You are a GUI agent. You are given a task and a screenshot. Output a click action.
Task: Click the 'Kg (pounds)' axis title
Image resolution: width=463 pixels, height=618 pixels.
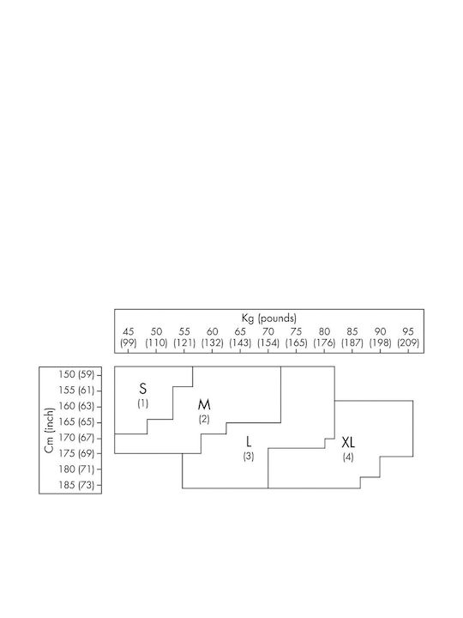pyautogui.click(x=269, y=318)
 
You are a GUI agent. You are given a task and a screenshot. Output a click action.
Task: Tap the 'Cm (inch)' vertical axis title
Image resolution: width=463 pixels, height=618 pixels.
pyautogui.click(x=49, y=430)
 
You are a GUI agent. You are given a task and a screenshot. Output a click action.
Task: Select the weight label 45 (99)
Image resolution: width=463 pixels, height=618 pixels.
pyautogui.click(x=129, y=337)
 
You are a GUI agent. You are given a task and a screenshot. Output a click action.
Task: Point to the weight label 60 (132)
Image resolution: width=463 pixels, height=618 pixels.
pyautogui.click(x=213, y=337)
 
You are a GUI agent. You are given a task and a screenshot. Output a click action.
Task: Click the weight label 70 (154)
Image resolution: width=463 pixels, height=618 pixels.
pyautogui.click(x=268, y=337)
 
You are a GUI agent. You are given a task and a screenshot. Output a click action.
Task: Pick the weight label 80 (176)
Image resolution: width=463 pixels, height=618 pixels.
pyautogui.click(x=324, y=337)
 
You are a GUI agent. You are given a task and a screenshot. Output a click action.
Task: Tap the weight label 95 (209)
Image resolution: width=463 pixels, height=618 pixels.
pyautogui.click(x=408, y=337)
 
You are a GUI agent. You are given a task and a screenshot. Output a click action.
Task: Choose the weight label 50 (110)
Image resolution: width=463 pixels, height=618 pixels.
pyautogui.click(x=156, y=337)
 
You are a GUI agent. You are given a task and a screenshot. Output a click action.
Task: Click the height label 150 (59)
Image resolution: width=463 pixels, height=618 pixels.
pyautogui.click(x=76, y=374)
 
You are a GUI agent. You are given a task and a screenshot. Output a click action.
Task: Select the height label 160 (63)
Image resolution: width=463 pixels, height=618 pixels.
pyautogui.click(x=76, y=406)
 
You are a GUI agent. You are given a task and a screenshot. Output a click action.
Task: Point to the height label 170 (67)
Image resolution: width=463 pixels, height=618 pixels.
pyautogui.click(x=76, y=438)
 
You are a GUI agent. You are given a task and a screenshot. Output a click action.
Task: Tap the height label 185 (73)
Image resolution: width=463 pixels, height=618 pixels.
pyautogui.click(x=76, y=485)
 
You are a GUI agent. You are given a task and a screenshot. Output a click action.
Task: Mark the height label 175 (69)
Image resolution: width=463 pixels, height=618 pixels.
pyautogui.click(x=76, y=453)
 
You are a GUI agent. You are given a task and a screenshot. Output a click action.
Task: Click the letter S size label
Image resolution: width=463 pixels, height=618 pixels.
pyautogui.click(x=143, y=389)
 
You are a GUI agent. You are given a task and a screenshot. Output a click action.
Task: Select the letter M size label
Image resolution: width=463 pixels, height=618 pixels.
pyautogui.click(x=204, y=405)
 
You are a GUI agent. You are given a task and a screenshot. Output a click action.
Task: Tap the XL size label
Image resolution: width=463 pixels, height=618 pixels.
pyautogui.click(x=348, y=443)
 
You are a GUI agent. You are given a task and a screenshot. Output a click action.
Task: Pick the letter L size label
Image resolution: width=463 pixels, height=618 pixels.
pyautogui.click(x=249, y=442)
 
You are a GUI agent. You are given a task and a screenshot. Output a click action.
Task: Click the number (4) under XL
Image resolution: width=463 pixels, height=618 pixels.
pyautogui.click(x=348, y=457)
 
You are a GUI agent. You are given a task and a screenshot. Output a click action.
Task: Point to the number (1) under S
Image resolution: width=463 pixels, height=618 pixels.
pyautogui.click(x=143, y=403)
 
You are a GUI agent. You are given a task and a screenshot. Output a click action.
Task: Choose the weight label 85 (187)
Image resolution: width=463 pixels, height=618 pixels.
pyautogui.click(x=352, y=337)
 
